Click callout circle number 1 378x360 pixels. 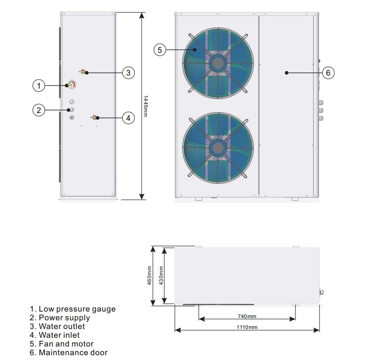click(x=39, y=86)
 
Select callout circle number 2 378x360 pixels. click(x=39, y=110)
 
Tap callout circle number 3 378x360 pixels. click(x=128, y=73)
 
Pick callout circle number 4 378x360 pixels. click(x=128, y=118)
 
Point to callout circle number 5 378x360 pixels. click(x=160, y=50)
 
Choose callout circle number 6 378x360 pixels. click(x=328, y=73)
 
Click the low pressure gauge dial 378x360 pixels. click(x=72, y=85)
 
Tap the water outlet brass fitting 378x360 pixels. click(x=82, y=72)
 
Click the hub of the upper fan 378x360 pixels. click(x=217, y=63)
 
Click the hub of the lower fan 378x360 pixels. click(x=217, y=147)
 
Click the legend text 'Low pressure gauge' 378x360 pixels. click(x=77, y=309)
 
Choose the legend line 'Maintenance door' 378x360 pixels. click(x=72, y=352)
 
